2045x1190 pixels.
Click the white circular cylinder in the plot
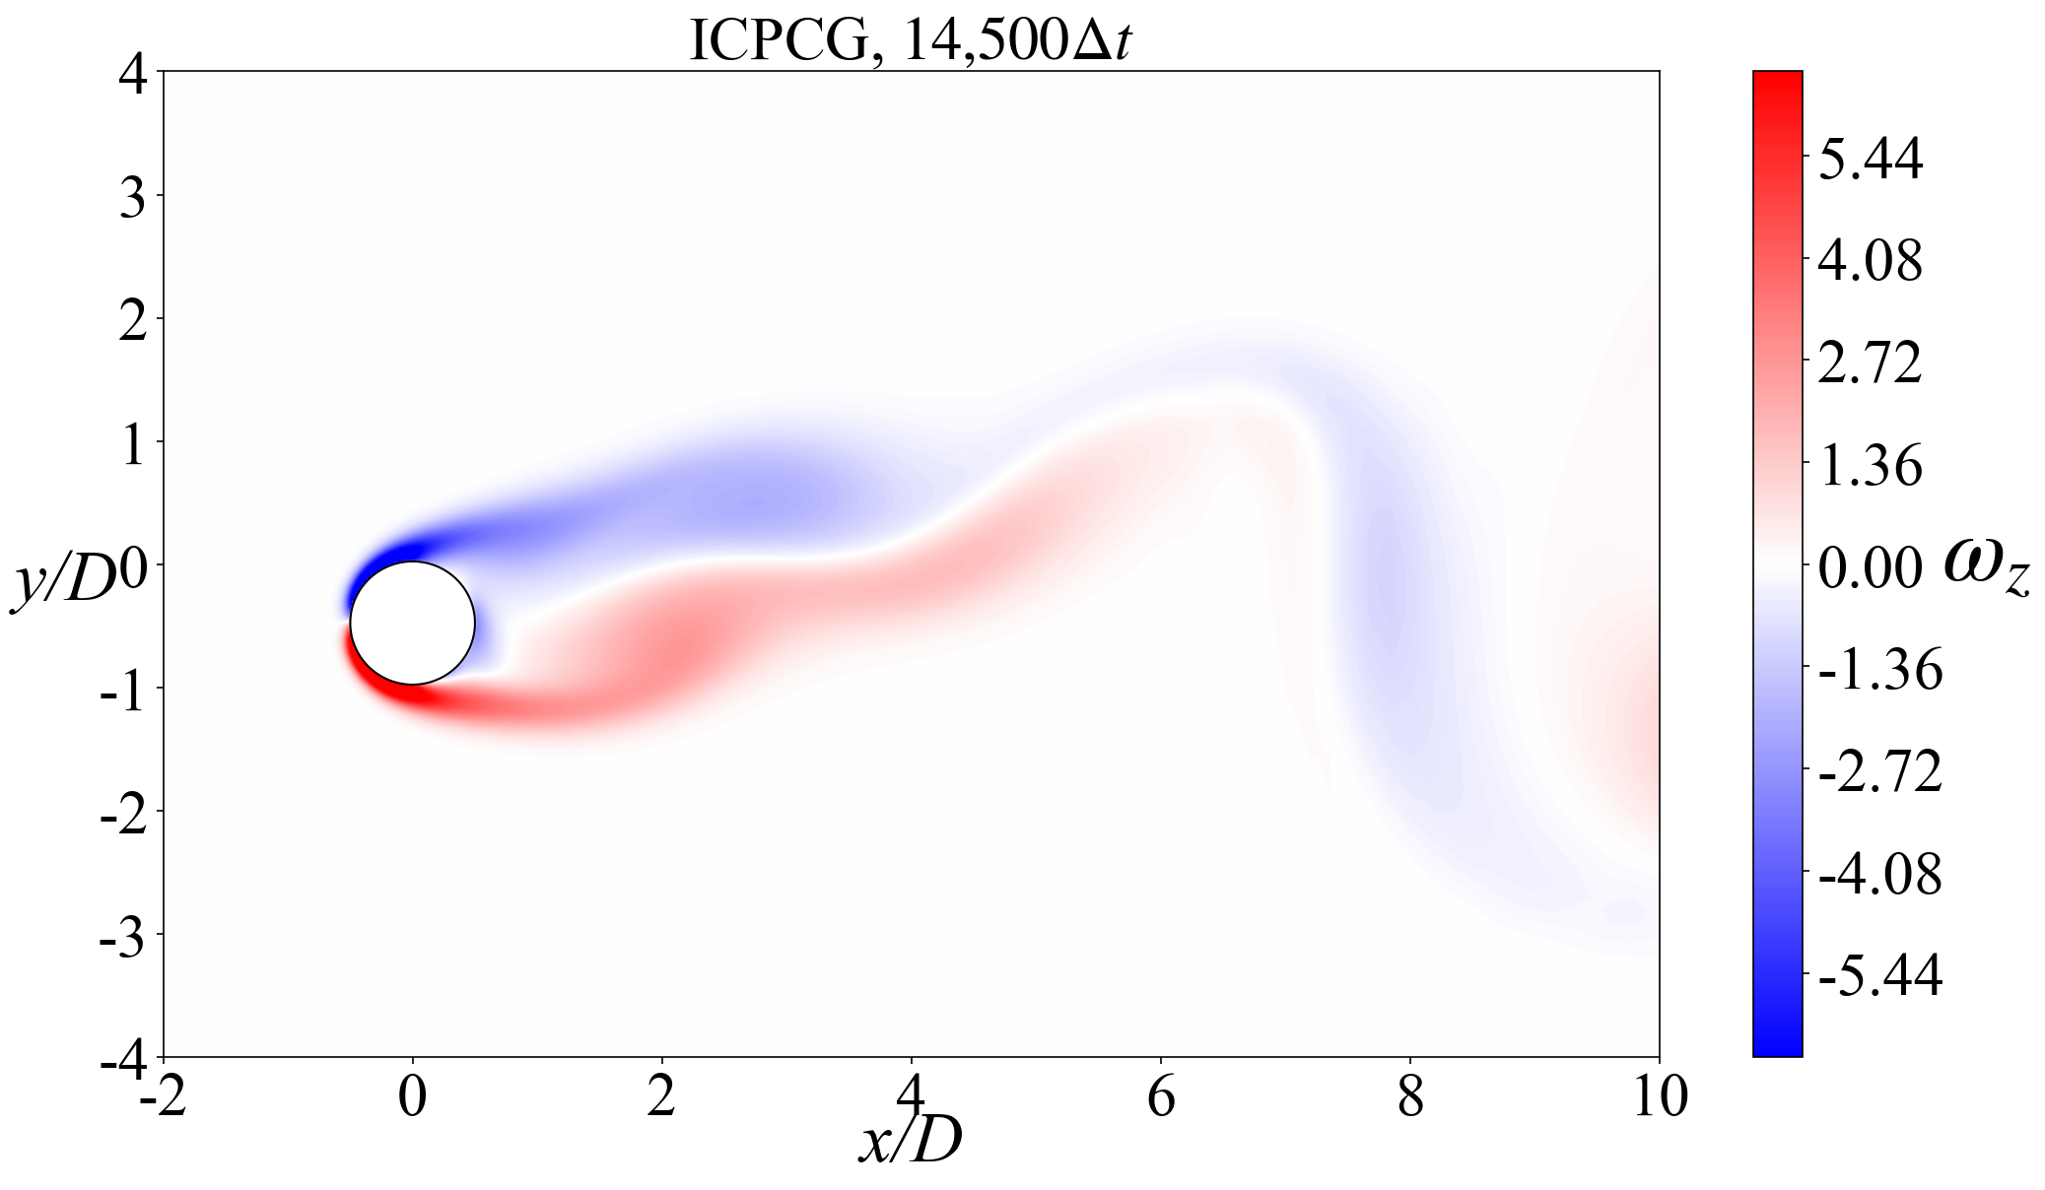[x=413, y=623]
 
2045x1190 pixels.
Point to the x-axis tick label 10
[x=1660, y=1097]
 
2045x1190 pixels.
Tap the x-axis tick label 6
[x=1161, y=1097]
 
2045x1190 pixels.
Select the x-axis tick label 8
[x=1410, y=1097]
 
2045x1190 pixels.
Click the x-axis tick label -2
[x=164, y=1097]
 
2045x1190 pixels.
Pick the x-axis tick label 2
[x=662, y=1097]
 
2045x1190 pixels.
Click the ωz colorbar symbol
[x=1987, y=568]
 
